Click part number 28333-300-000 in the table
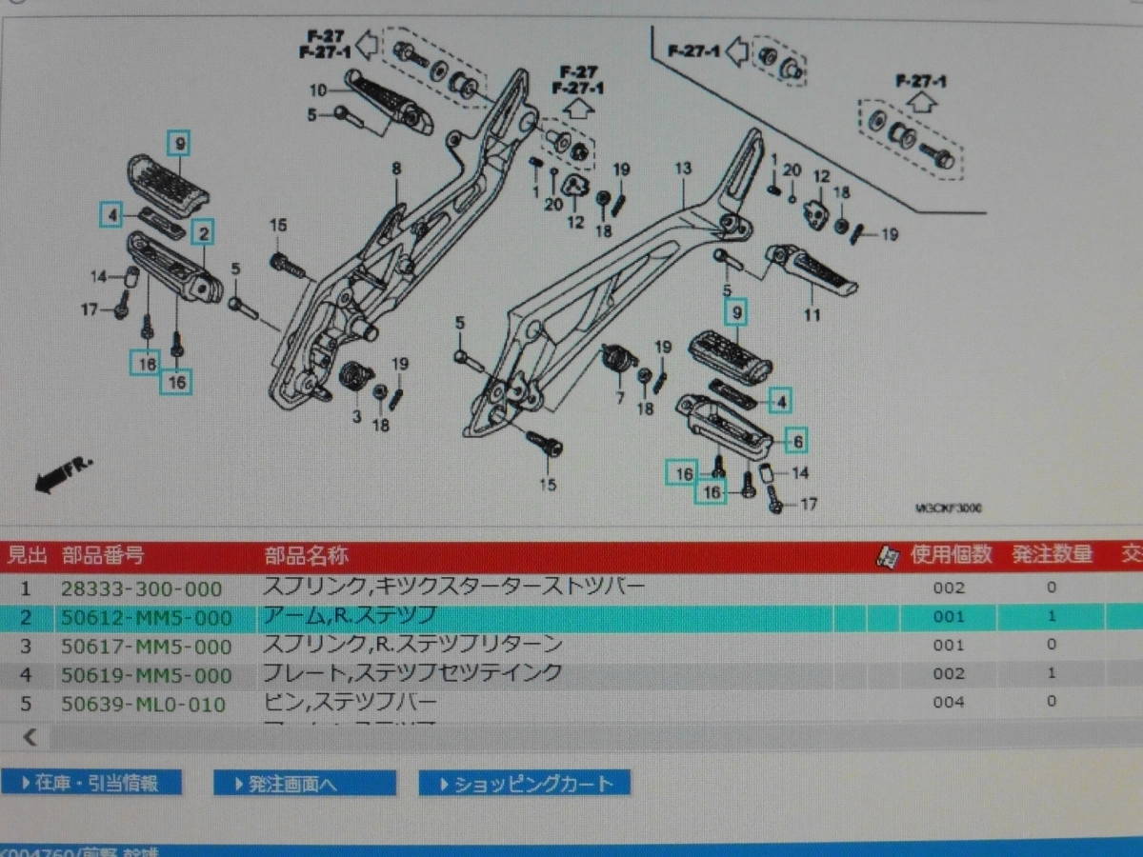[142, 588]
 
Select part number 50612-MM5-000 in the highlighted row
[147, 618]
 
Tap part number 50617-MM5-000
[147, 647]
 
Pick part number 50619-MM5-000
[147, 676]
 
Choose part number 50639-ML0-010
[144, 705]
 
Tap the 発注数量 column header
[1052, 554]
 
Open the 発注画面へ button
[305, 784]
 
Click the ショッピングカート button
[524, 784]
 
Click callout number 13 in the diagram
[682, 169]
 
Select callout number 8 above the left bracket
[396, 169]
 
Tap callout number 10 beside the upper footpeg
[317, 90]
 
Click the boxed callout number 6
[797, 441]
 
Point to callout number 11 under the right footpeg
[811, 315]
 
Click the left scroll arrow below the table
[30, 736]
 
